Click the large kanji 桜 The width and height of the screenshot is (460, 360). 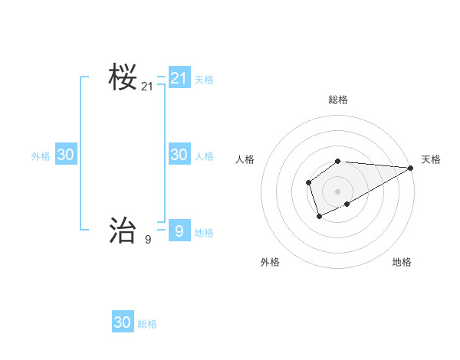[x=123, y=77]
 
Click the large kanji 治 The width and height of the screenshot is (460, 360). [x=123, y=230]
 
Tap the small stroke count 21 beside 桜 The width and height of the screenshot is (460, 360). [x=147, y=87]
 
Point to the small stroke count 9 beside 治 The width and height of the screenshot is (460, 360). [x=147, y=240]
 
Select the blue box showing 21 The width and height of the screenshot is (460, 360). [x=179, y=78]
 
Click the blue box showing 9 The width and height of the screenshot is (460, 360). [x=179, y=231]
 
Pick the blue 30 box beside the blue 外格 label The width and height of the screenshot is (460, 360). [x=65, y=155]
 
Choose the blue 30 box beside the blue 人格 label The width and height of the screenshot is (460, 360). [x=179, y=155]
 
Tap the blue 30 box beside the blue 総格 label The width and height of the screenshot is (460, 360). [x=123, y=322]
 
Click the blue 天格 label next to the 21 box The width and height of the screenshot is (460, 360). [x=204, y=79]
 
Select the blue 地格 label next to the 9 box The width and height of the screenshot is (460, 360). [x=204, y=233]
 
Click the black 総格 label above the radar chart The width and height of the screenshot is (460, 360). [x=338, y=100]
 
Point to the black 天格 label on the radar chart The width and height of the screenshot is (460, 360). [x=431, y=159]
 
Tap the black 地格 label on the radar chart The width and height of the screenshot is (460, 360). [x=402, y=262]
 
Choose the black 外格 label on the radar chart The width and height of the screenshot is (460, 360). [x=270, y=262]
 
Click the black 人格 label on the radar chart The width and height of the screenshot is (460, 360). [x=245, y=159]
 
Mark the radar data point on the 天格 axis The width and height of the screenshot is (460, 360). [x=411, y=168]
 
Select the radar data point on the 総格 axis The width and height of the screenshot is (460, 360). [x=338, y=161]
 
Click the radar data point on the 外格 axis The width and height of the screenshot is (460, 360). [x=319, y=217]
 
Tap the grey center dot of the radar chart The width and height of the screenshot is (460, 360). [x=338, y=191]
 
